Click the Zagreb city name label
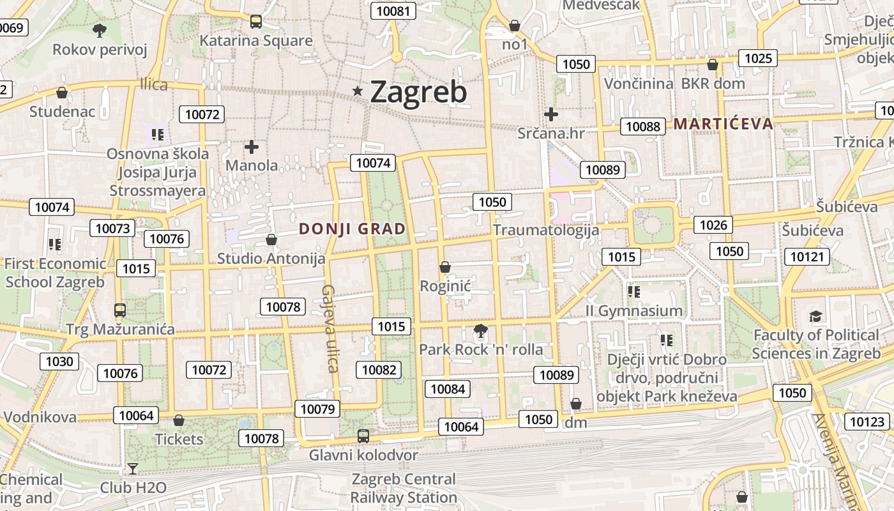(418, 92)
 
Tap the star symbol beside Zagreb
(358, 92)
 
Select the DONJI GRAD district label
(352, 229)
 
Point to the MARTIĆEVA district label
(724, 123)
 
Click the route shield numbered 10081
(395, 11)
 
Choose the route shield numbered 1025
(758, 59)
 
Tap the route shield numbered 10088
(642, 126)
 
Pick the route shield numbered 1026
(713, 225)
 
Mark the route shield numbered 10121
(807, 257)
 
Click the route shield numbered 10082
(379, 370)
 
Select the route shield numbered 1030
(59, 362)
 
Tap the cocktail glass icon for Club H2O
(132, 469)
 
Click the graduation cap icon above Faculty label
(815, 317)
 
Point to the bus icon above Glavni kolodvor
(363, 436)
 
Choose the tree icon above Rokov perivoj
(99, 29)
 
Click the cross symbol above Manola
(252, 147)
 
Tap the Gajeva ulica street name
(330, 328)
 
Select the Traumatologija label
(546, 230)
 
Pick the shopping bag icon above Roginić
(444, 267)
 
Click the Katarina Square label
(256, 41)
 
